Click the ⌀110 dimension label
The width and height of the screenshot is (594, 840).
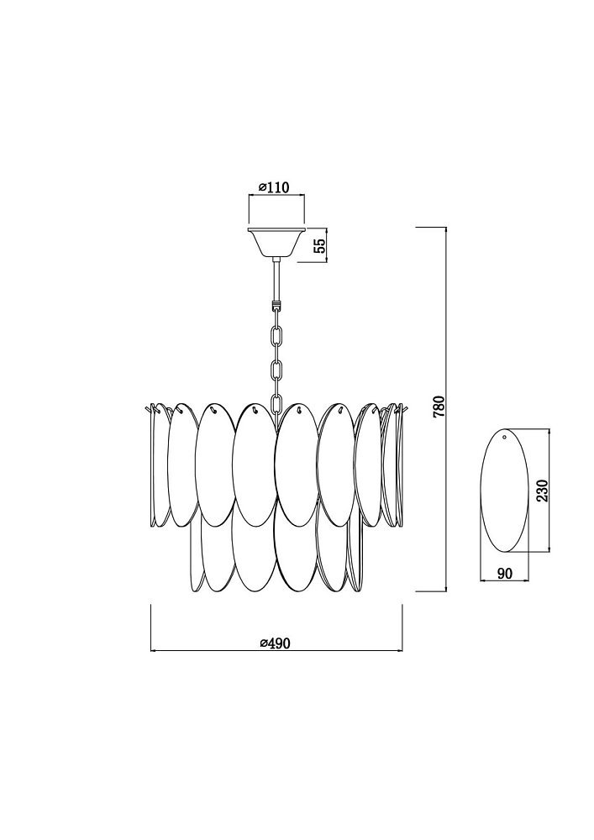[274, 187]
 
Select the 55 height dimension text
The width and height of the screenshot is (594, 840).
[318, 245]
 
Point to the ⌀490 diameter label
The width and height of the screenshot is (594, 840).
[276, 643]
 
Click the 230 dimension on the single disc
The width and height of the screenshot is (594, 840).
[543, 490]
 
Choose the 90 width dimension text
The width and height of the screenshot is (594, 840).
[505, 573]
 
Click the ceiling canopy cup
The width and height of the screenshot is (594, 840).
[276, 243]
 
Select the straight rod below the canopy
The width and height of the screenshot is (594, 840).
[276, 281]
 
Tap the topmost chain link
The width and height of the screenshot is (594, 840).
[276, 336]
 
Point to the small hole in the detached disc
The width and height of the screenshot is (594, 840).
[505, 437]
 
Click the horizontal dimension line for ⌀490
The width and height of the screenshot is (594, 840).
[276, 651]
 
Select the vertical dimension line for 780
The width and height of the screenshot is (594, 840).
[446, 409]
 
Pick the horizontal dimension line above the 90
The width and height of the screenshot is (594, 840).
[504, 580]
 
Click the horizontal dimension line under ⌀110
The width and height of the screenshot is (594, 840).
[276, 195]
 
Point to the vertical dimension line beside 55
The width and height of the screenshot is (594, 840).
[327, 244]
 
